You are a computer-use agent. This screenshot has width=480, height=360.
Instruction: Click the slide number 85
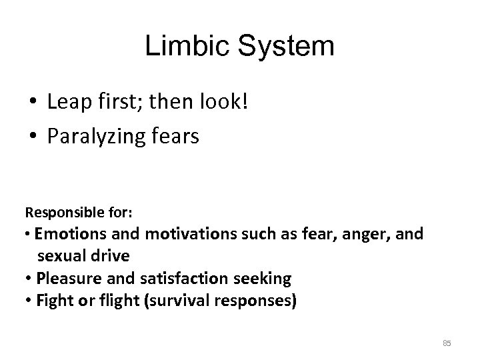[447, 343]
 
